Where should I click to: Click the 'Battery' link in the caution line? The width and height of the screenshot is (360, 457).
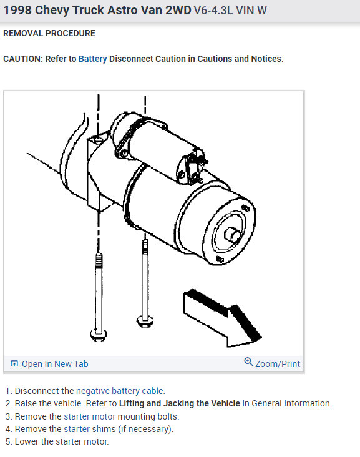pos(92,59)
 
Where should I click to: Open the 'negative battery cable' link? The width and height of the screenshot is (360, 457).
pos(120,391)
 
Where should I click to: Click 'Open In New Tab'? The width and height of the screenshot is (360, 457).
pos(55,364)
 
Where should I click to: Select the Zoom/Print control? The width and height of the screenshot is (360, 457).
pos(277,363)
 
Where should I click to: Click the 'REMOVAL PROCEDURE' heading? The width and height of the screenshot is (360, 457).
pos(49,33)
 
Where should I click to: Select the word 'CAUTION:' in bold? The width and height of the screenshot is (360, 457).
pos(23,59)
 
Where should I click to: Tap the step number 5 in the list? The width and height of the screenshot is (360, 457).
pos(8,441)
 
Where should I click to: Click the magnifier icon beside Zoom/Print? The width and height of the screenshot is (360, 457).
pos(248,363)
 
